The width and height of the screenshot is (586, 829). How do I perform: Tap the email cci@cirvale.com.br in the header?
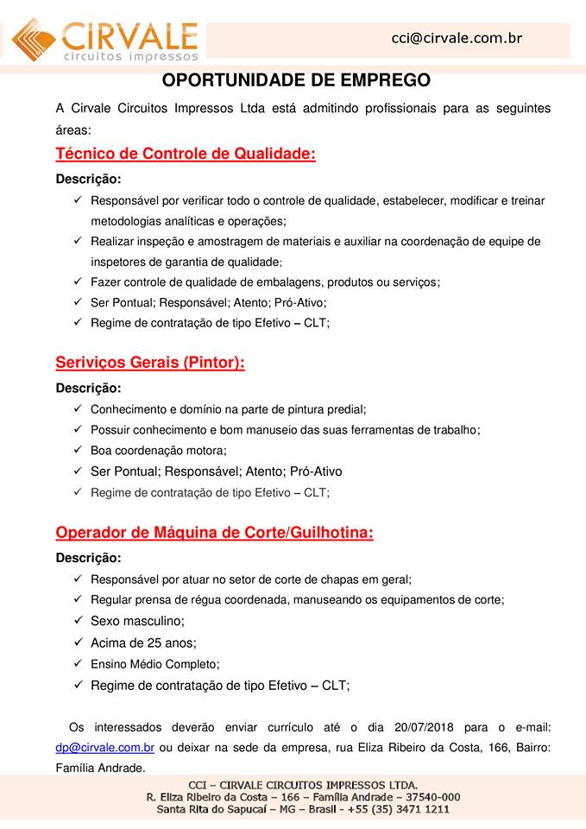(457, 38)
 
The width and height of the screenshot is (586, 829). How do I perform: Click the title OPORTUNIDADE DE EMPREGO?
(296, 81)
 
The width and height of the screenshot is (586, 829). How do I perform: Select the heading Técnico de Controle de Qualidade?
(186, 155)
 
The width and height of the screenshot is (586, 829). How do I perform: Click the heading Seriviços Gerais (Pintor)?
(150, 363)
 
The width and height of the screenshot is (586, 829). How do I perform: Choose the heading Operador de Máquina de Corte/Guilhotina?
(214, 533)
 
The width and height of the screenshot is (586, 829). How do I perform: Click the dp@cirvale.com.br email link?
(105, 747)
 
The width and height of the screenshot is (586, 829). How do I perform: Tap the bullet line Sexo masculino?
(137, 621)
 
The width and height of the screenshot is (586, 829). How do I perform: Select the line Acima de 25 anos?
(143, 643)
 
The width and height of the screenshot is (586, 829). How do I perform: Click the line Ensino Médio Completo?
(155, 664)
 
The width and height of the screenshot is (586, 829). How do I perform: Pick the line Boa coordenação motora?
(158, 450)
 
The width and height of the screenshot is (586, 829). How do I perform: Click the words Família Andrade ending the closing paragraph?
(100, 766)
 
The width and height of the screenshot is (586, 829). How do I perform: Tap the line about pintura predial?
(229, 408)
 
